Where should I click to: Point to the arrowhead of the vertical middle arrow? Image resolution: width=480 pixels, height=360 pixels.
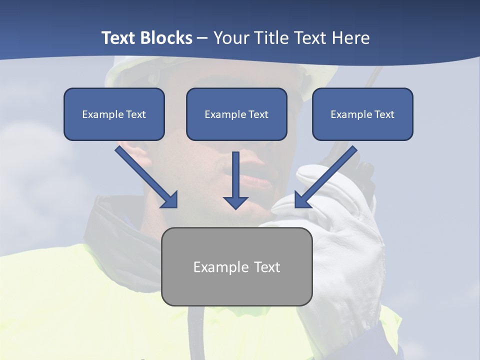pyautogui.click(x=235, y=202)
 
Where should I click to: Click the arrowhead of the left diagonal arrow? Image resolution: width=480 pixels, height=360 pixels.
pyautogui.click(x=170, y=200)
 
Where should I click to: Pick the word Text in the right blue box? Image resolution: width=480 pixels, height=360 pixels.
pyautogui.click(x=384, y=114)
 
